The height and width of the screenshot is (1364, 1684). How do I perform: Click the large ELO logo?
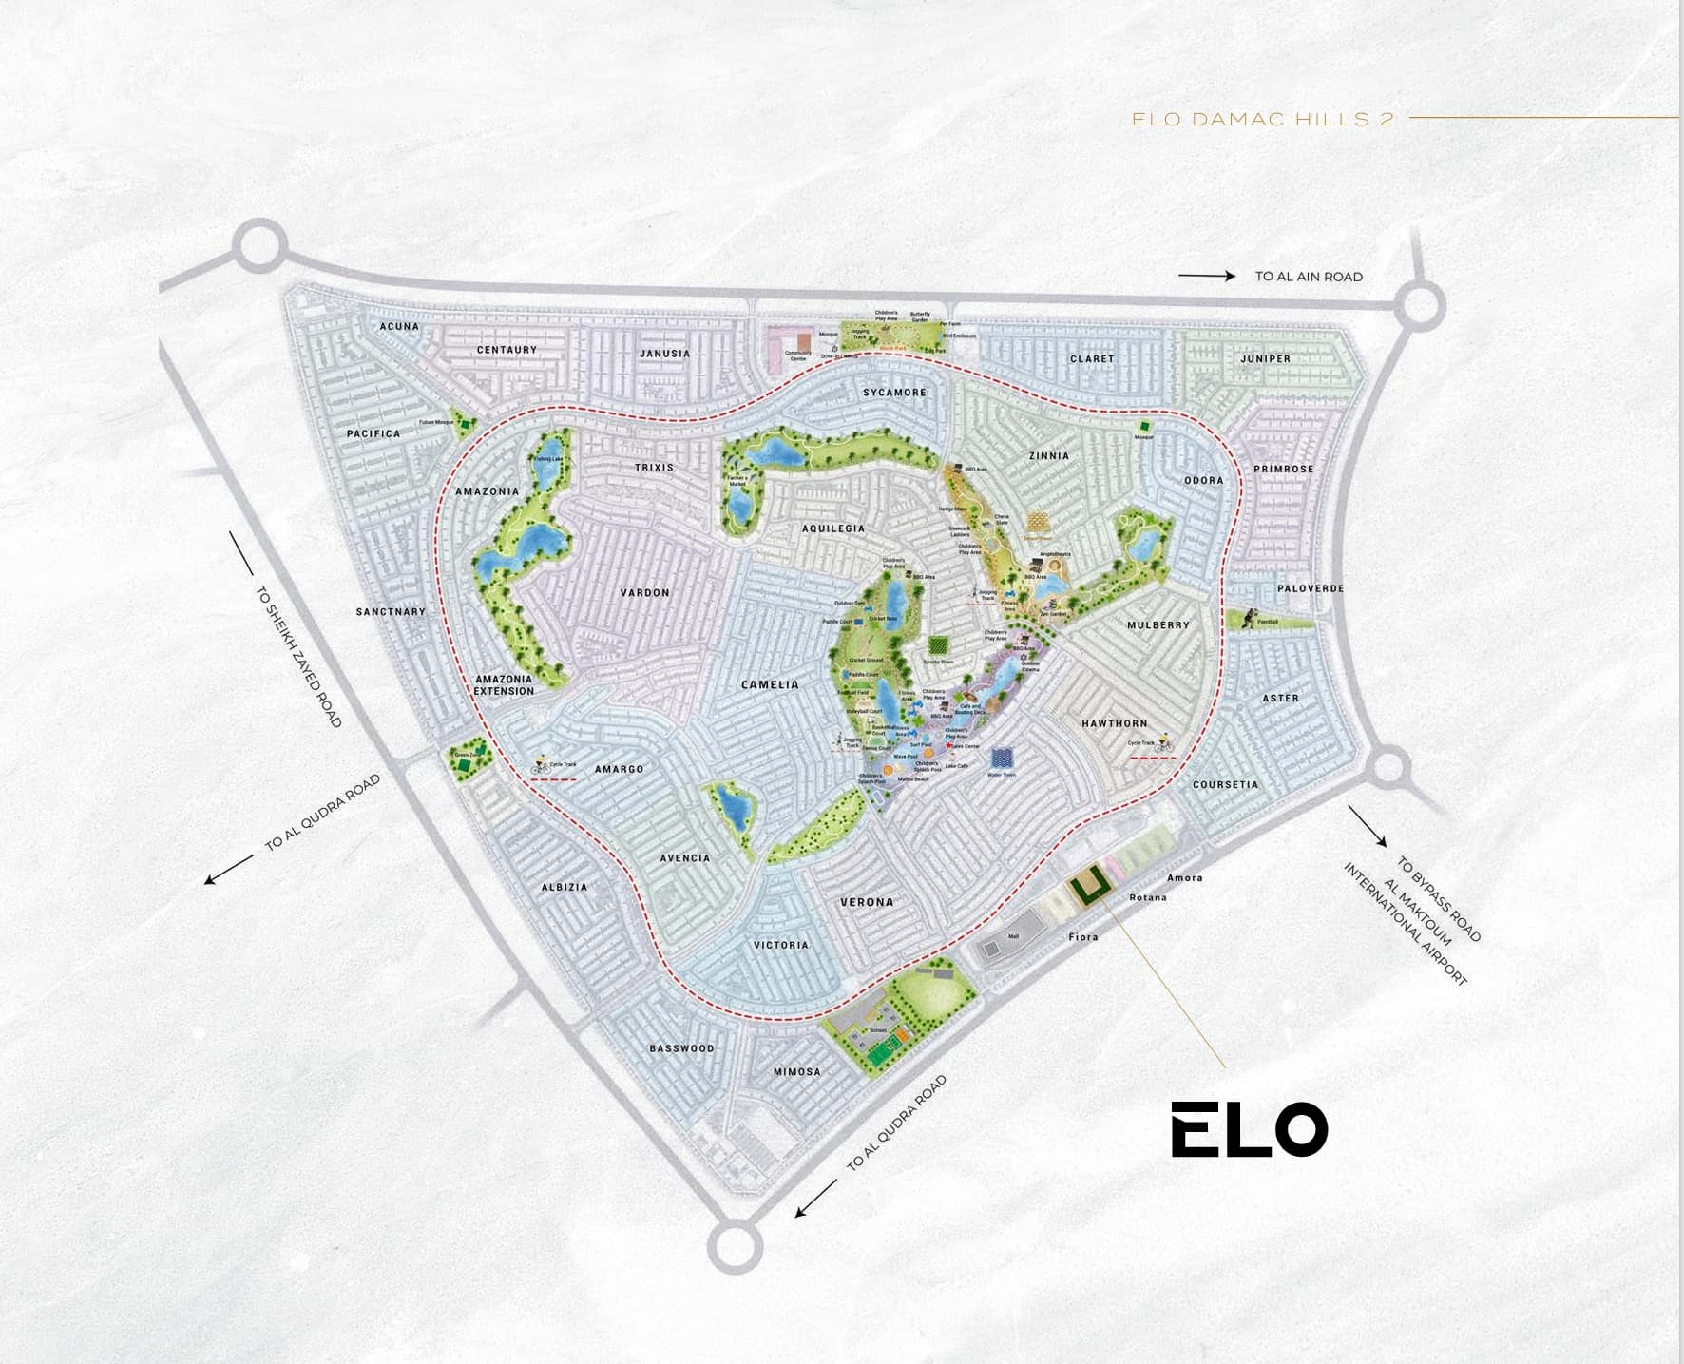pos(1249,1129)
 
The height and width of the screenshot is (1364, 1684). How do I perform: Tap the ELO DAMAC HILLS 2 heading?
pos(1263,120)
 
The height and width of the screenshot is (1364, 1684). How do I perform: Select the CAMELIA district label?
pos(770,684)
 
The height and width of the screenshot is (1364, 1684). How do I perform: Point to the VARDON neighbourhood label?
pos(645,593)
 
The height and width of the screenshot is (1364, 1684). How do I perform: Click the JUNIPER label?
pos(1265,359)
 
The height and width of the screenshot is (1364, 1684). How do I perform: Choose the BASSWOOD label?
pos(681,1048)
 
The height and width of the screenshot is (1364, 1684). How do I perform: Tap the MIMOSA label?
pos(796,1071)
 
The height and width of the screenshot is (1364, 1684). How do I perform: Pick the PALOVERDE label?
pos(1311,588)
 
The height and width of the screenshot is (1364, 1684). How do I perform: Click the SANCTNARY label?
pos(391,611)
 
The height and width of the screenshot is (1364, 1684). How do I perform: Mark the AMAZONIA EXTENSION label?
pos(504,685)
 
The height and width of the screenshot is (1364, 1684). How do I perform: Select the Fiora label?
pos(1083,937)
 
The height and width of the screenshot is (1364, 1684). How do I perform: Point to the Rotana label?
pos(1148,897)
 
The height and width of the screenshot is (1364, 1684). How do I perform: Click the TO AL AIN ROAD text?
pos(1309,277)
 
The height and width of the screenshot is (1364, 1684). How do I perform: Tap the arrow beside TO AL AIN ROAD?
pos(1206,276)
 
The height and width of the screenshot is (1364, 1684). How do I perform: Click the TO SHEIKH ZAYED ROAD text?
pos(298,657)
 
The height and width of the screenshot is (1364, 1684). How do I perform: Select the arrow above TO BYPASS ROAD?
pos(1368,826)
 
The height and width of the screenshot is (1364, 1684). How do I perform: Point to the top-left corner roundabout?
pos(260,247)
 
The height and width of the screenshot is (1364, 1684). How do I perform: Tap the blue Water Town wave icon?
pos(1002,758)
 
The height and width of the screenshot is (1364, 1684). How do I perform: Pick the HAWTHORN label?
pos(1114,723)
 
